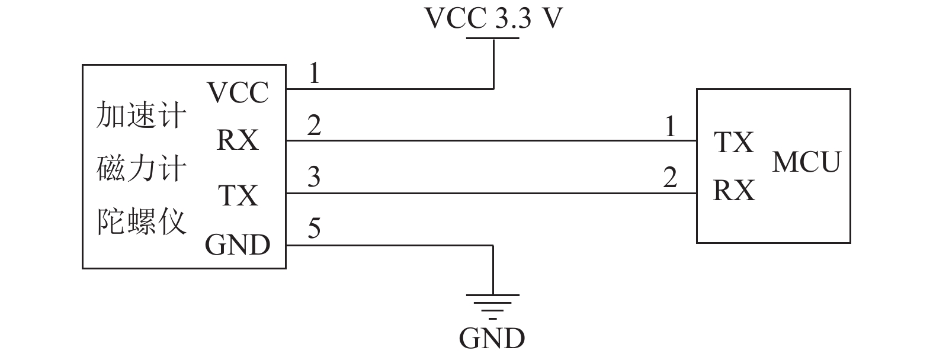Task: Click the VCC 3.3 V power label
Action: coord(493,18)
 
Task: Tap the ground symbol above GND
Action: coord(493,307)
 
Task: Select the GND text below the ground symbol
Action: coord(492,338)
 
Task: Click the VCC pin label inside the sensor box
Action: coord(238,92)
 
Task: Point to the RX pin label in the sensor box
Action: coord(238,140)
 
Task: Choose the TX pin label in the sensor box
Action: coord(238,195)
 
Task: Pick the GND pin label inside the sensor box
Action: coord(238,245)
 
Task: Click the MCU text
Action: coord(806,162)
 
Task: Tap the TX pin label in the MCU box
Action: coord(734,142)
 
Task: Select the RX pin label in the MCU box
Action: coord(734,191)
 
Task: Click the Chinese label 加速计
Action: coord(141,115)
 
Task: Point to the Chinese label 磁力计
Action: coord(141,169)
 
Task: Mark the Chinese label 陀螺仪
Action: coord(141,222)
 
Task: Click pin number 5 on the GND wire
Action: coord(314,228)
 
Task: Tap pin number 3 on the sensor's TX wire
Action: coord(314,176)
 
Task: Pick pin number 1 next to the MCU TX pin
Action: coord(670,127)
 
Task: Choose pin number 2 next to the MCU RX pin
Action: coord(670,177)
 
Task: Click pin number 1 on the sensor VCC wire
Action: coord(315,73)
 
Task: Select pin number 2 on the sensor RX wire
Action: coord(314,126)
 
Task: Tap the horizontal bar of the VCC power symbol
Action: coord(493,38)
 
